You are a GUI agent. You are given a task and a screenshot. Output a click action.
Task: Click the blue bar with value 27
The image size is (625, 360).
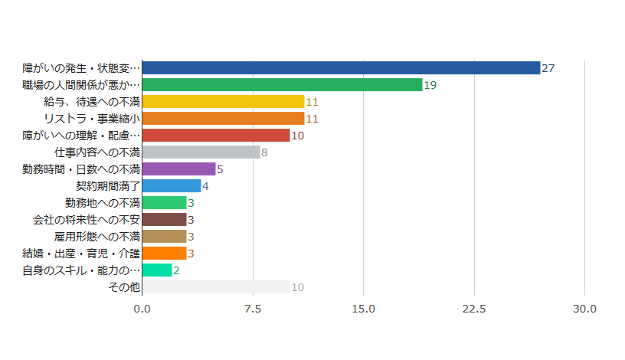click(341, 68)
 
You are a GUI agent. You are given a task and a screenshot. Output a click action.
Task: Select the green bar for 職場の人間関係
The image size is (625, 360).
click(282, 85)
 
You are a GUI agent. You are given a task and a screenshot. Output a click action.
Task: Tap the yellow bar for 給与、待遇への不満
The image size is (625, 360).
click(223, 102)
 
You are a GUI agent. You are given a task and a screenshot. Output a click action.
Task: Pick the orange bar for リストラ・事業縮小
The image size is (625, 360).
click(223, 119)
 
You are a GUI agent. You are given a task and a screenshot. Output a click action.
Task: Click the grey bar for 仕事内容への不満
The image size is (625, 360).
click(201, 152)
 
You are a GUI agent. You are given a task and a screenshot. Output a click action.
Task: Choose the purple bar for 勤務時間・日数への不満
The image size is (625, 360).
click(178, 169)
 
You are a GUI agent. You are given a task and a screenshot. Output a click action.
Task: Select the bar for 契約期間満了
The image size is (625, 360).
click(172, 186)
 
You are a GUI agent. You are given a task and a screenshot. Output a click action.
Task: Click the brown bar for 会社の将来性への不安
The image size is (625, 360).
click(164, 220)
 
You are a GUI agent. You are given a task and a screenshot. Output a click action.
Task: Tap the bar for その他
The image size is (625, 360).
click(216, 287)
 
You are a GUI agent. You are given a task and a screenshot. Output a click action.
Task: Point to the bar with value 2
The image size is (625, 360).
click(157, 270)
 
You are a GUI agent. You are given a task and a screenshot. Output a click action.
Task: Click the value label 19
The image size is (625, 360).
click(430, 85)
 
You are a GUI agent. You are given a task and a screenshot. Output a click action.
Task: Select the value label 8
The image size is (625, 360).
click(264, 152)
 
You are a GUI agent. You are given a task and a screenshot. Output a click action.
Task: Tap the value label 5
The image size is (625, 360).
click(220, 169)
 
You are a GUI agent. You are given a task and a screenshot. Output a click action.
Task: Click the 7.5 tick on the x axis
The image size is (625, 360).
click(253, 309)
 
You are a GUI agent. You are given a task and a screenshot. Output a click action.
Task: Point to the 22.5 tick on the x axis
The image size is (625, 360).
click(474, 309)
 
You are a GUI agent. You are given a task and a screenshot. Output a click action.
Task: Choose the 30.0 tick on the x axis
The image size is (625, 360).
click(585, 309)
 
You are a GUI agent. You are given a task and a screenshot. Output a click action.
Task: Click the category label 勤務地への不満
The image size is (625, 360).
click(103, 203)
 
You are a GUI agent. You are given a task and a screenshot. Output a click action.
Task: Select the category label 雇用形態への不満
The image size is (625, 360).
click(97, 237)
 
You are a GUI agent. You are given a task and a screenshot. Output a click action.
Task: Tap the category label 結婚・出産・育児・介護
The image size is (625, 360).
click(81, 254)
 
